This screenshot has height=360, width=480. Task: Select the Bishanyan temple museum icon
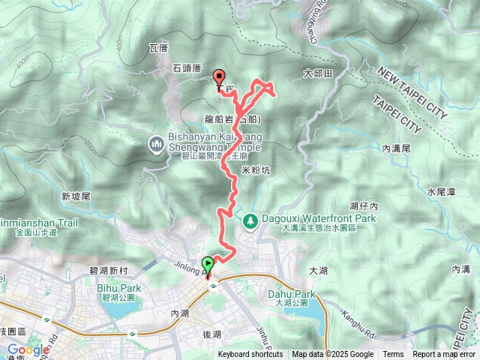coord(157,142)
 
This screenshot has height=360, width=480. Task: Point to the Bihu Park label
coord(114,286)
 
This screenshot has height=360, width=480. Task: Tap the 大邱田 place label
coord(317,73)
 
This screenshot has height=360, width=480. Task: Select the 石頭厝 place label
coord(186,67)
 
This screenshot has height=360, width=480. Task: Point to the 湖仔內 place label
coord(364,205)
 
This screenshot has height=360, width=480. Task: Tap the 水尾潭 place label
coord(441,192)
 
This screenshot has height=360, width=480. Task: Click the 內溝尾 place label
coord(396,149)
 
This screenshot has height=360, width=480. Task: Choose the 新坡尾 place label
coord(76,196)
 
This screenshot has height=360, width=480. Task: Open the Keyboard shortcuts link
coord(250,355)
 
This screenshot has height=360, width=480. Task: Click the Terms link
coord(393,355)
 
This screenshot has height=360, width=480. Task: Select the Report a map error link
coord(444,355)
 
